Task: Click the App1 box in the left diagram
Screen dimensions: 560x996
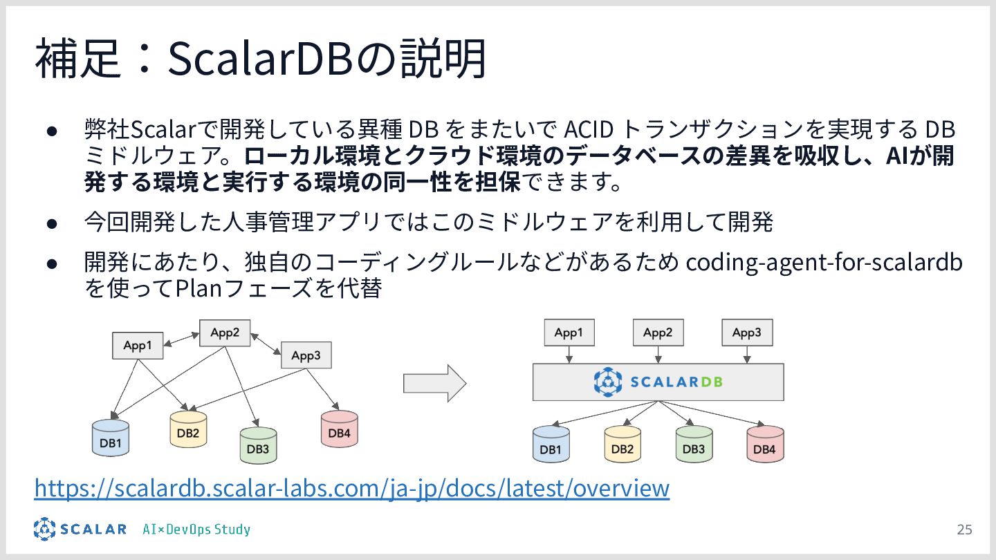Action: [138, 346]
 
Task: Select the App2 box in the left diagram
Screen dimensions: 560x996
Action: [225, 333]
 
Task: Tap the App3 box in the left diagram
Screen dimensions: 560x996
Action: [306, 356]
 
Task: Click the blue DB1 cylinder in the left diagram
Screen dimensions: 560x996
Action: [110, 438]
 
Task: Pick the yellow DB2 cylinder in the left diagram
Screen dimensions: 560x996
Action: [188, 429]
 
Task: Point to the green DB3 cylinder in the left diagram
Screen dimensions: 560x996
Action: [258, 445]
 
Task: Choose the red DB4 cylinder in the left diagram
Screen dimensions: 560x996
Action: [339, 429]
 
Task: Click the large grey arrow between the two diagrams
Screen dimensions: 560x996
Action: [434, 382]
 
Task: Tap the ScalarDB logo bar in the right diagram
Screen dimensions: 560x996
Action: [658, 382]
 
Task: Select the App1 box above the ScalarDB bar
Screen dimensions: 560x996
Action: [569, 333]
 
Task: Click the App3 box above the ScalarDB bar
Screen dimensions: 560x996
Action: [747, 333]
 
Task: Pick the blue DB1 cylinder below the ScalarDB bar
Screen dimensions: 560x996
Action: [551, 445]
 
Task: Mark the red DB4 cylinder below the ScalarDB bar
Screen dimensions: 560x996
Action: [765, 445]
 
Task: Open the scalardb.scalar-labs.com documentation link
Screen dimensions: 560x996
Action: [351, 487]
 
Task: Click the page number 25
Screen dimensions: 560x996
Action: [964, 530]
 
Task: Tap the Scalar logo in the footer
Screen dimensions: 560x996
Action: [80, 530]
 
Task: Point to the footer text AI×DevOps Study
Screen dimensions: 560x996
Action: [196, 530]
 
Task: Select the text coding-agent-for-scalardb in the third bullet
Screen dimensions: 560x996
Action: [824, 263]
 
